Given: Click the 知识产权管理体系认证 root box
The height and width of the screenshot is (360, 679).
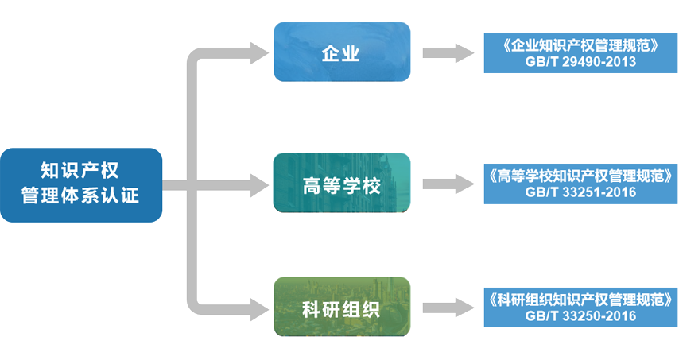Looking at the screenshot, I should (81, 184).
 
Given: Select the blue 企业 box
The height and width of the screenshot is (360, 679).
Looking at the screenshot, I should (342, 52).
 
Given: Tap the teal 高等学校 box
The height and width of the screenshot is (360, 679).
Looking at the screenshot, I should (342, 184).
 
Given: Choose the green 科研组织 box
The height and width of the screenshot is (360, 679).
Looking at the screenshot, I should (342, 307).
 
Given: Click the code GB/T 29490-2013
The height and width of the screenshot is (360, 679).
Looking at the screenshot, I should (581, 61).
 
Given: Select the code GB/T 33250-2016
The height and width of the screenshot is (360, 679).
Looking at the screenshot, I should (581, 315).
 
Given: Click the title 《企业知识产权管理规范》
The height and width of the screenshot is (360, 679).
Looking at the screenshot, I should (581, 45).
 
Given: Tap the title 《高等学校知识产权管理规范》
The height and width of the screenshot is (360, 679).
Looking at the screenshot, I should (581, 176).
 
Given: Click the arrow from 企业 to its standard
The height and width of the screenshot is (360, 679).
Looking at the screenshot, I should (449, 53).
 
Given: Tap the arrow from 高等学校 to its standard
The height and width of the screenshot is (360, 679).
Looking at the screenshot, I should (449, 184).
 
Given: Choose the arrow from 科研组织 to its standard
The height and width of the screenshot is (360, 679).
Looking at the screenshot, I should (449, 308).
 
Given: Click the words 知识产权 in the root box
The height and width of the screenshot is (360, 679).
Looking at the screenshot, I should (81, 170).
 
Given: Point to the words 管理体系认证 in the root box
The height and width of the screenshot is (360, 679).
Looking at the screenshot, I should (81, 195).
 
